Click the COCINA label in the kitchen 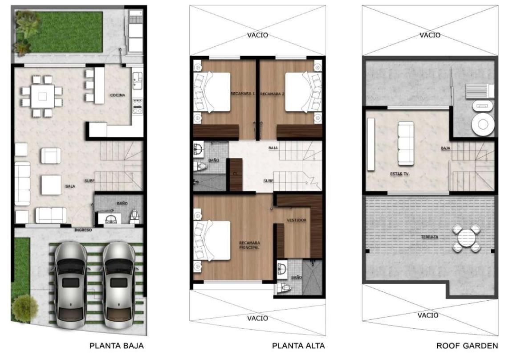(x=118, y=95)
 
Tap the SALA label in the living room (x=70, y=187)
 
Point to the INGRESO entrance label (x=83, y=230)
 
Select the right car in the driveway (x=118, y=285)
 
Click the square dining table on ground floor (x=43, y=96)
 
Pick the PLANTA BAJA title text (x=117, y=346)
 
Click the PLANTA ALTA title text (x=298, y=346)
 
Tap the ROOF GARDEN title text (x=467, y=346)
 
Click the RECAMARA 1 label (x=243, y=94)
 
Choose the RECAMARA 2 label (x=272, y=94)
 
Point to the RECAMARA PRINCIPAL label (x=249, y=245)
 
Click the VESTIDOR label (x=297, y=220)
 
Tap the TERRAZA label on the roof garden (x=430, y=237)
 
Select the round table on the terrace (x=467, y=238)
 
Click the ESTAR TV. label (x=400, y=174)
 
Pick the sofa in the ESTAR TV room (x=406, y=143)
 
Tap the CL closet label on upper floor (x=235, y=173)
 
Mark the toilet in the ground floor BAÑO (x=134, y=216)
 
